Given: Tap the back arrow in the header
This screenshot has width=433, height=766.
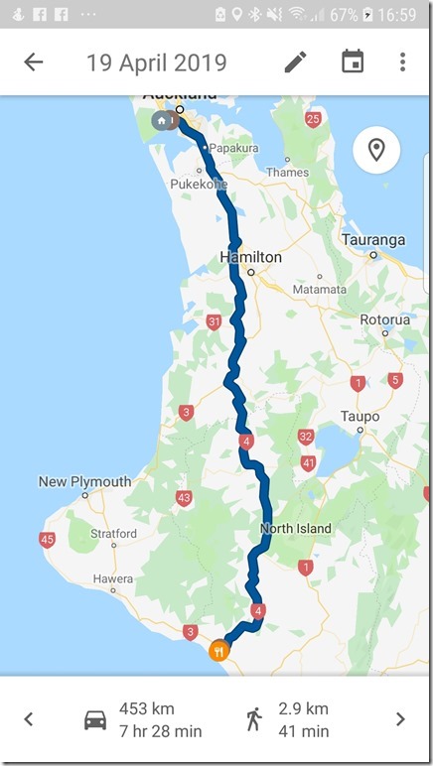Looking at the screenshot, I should click(x=34, y=63).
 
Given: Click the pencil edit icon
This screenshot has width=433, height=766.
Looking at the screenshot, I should click(x=295, y=63).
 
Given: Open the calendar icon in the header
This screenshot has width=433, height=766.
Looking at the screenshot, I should click(x=352, y=63).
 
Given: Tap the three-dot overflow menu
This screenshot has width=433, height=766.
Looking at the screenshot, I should click(x=402, y=63).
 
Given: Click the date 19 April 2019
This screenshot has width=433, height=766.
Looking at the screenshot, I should click(x=156, y=63).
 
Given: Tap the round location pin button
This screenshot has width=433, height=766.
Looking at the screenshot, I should click(x=376, y=151).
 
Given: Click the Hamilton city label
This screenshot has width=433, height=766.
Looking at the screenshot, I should click(x=250, y=257).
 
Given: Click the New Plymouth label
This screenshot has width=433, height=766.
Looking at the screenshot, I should click(x=84, y=481).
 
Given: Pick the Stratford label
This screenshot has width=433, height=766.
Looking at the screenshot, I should click(x=113, y=533).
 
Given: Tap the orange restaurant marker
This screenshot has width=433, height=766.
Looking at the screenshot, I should click(x=218, y=651).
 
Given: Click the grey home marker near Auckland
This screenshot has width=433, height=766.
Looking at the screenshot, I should click(x=161, y=121).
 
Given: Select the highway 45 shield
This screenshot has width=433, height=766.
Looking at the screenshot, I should click(x=48, y=540).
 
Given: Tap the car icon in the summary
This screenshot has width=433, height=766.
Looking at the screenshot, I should click(x=95, y=719).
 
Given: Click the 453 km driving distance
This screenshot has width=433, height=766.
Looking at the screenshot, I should click(x=147, y=708).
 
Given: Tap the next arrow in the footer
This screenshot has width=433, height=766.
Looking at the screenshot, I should click(x=400, y=719).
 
